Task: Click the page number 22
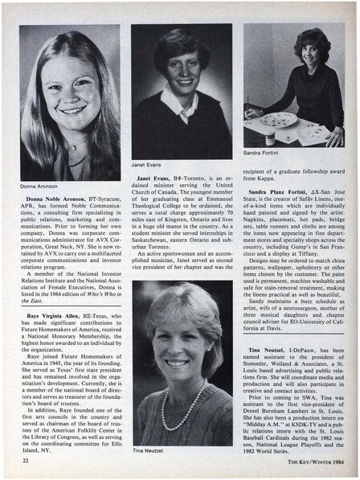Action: [x=27, y=461]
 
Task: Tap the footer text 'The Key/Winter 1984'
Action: [x=310, y=461]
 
